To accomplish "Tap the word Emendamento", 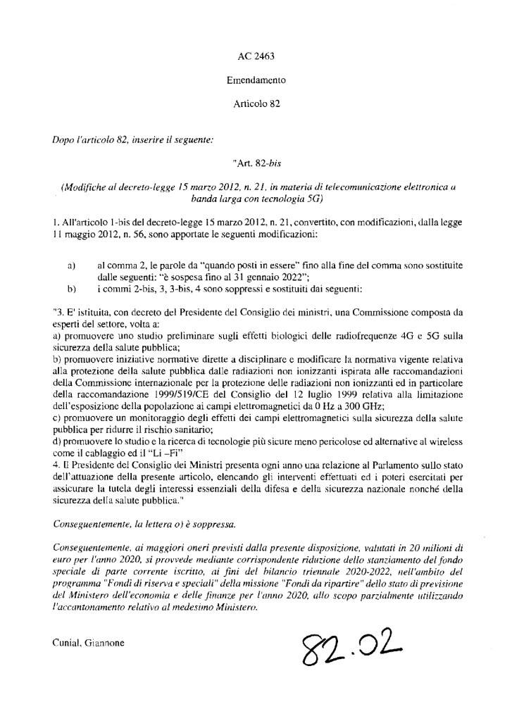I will [x=256, y=80].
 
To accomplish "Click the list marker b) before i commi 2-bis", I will [x=71, y=289].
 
